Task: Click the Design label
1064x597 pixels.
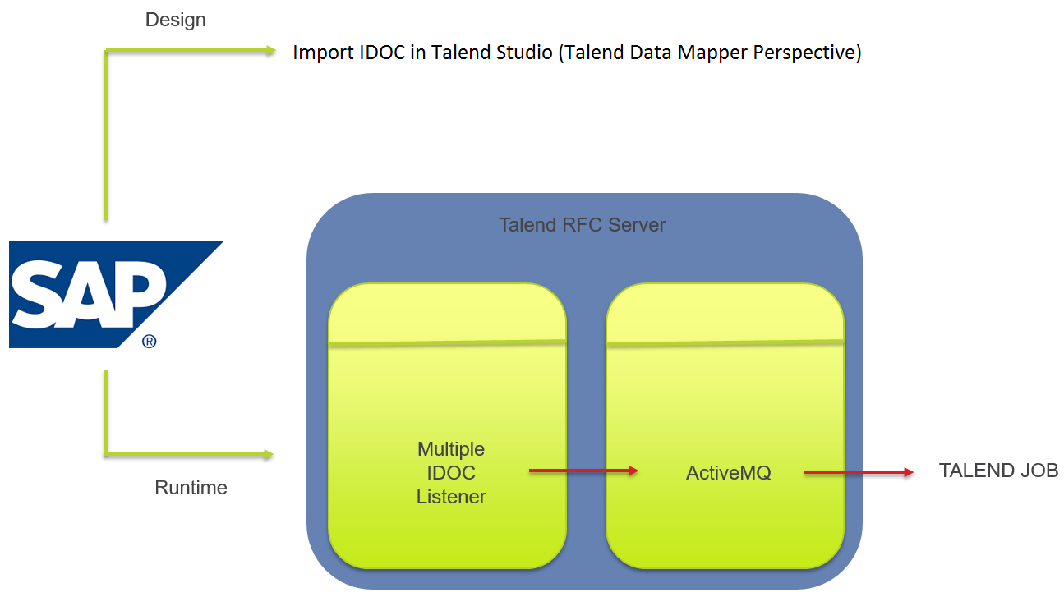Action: pyautogui.click(x=175, y=20)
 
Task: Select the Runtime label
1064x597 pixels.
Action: pyautogui.click(x=191, y=488)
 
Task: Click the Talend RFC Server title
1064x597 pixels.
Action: pyautogui.click(x=583, y=224)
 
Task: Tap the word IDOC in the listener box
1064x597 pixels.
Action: pyautogui.click(x=451, y=473)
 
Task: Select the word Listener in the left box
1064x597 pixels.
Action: pyautogui.click(x=451, y=497)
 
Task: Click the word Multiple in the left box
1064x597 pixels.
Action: pyautogui.click(x=451, y=449)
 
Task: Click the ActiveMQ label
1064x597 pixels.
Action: pyautogui.click(x=728, y=473)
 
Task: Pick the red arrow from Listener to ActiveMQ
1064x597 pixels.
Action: pyautogui.click(x=583, y=471)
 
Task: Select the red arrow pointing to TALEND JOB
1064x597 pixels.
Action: pyautogui.click(x=859, y=472)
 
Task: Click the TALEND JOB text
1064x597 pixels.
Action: pyautogui.click(x=998, y=471)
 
